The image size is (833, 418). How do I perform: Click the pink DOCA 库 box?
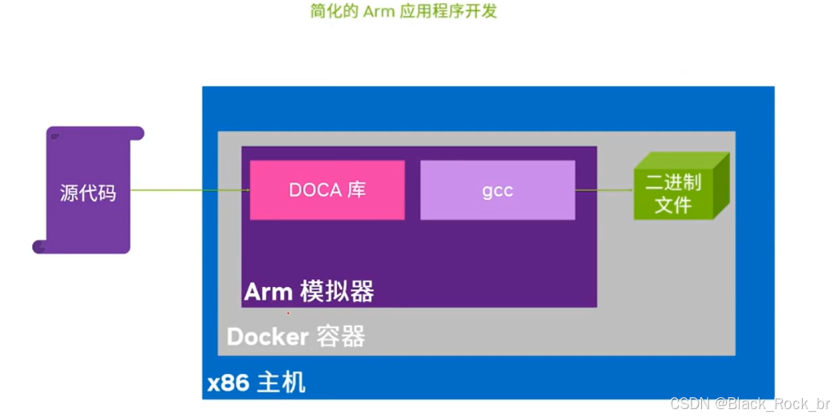pyautogui.click(x=327, y=190)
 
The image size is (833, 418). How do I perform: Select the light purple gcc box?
pyautogui.click(x=497, y=190)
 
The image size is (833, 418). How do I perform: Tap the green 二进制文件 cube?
pyautogui.click(x=676, y=193)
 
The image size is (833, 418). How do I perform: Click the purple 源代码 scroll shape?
pyautogui.click(x=88, y=192)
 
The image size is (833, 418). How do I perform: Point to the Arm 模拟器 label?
pyautogui.click(x=308, y=292)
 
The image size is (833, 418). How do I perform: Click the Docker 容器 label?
pyautogui.click(x=296, y=336)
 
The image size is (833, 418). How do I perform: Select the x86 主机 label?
pyautogui.click(x=256, y=383)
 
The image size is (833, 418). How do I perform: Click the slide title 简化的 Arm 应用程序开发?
pyautogui.click(x=403, y=12)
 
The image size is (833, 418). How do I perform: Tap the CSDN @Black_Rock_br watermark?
pyautogui.click(x=750, y=404)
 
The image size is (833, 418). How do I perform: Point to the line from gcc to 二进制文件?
pyautogui.click(x=605, y=190)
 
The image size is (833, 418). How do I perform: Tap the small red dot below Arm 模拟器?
pyautogui.click(x=288, y=313)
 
